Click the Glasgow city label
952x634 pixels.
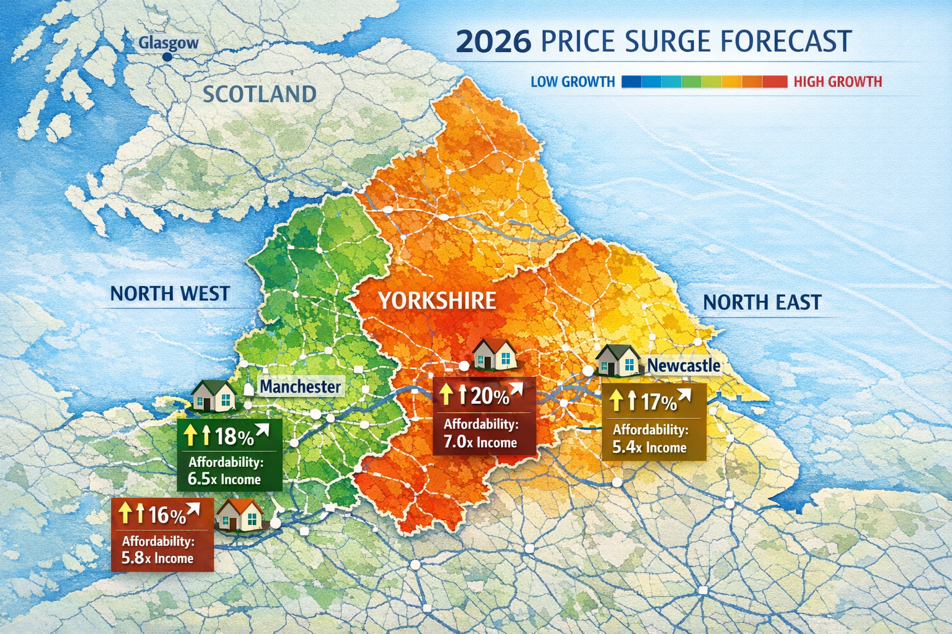pos(168,43)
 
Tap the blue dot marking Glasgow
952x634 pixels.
pos(167,57)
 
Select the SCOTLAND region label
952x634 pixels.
pos(260,94)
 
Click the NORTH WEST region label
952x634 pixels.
pos(170,293)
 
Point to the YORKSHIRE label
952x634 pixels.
pos(437,301)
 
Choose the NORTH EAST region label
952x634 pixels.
pos(762,302)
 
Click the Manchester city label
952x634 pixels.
pos(300,387)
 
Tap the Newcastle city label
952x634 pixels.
pos(684,365)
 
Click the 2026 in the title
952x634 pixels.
pos(493,41)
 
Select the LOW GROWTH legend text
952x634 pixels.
pos(573,82)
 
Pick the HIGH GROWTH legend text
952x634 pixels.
pos(837,82)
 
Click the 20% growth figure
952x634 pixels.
pos(489,396)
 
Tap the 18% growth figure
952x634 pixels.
pos(234,436)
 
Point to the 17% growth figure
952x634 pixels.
pos(658,402)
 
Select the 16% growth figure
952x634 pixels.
pos(167,515)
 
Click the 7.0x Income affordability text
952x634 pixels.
pos(480,442)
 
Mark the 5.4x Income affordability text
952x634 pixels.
pos(649,447)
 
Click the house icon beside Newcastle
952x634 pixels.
pos(618,360)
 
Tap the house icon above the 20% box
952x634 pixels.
pos(494,354)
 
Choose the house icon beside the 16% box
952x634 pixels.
pos(239,515)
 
